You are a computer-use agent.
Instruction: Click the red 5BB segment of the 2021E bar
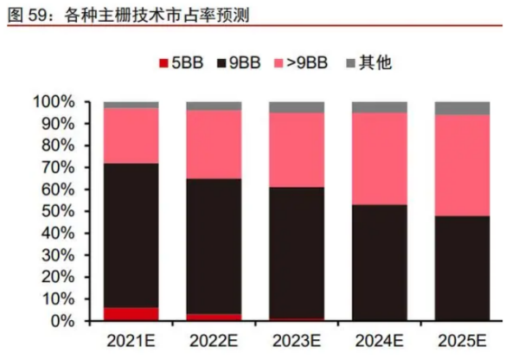pyautogui.click(x=131, y=314)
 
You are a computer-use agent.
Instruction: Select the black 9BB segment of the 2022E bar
pyautogui.click(x=214, y=247)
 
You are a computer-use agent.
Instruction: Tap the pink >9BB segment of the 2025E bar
pyautogui.click(x=462, y=165)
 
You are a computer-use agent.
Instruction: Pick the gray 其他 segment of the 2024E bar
pyautogui.click(x=379, y=107)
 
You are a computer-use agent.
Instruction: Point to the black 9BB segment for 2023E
pyautogui.click(x=296, y=253)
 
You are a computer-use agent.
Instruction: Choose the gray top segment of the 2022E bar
pyautogui.click(x=214, y=106)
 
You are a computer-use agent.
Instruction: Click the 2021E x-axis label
pyautogui.click(x=131, y=340)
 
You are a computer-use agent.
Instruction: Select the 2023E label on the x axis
pyautogui.click(x=296, y=340)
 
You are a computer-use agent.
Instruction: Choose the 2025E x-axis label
pyautogui.click(x=462, y=340)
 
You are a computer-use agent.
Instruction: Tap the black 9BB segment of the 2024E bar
pyautogui.click(x=379, y=262)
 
